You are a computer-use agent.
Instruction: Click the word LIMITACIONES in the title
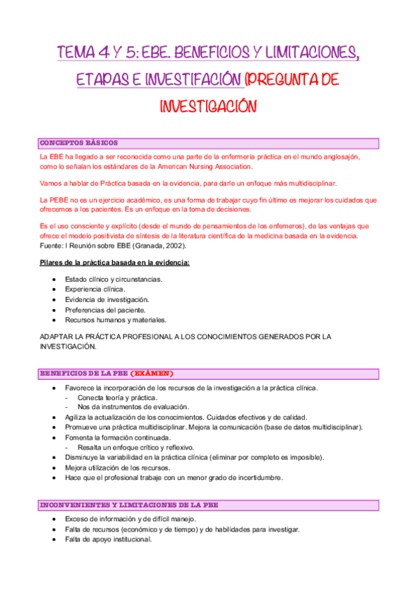click(x=307, y=53)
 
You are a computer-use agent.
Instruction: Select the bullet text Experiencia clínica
click(x=95, y=289)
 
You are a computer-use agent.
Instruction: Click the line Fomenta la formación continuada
click(x=118, y=437)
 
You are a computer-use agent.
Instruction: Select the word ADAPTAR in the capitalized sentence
click(x=56, y=337)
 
